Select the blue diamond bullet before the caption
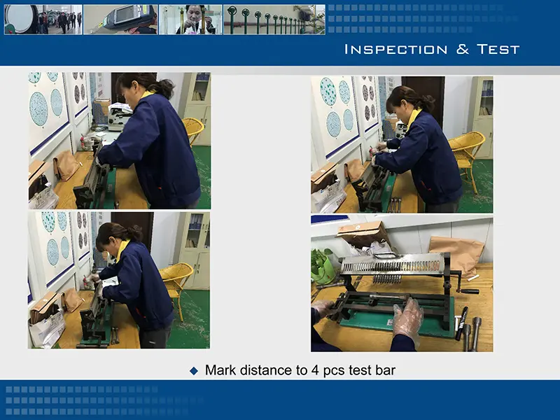point(195,371)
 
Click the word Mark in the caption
point(220,370)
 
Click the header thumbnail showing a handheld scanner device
point(120,20)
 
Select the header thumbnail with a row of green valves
point(274,20)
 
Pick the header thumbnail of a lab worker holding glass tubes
point(190,20)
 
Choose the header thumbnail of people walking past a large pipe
point(43,20)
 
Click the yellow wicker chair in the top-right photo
point(467,150)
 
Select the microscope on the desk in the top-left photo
point(120,115)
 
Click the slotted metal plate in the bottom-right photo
point(392,265)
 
